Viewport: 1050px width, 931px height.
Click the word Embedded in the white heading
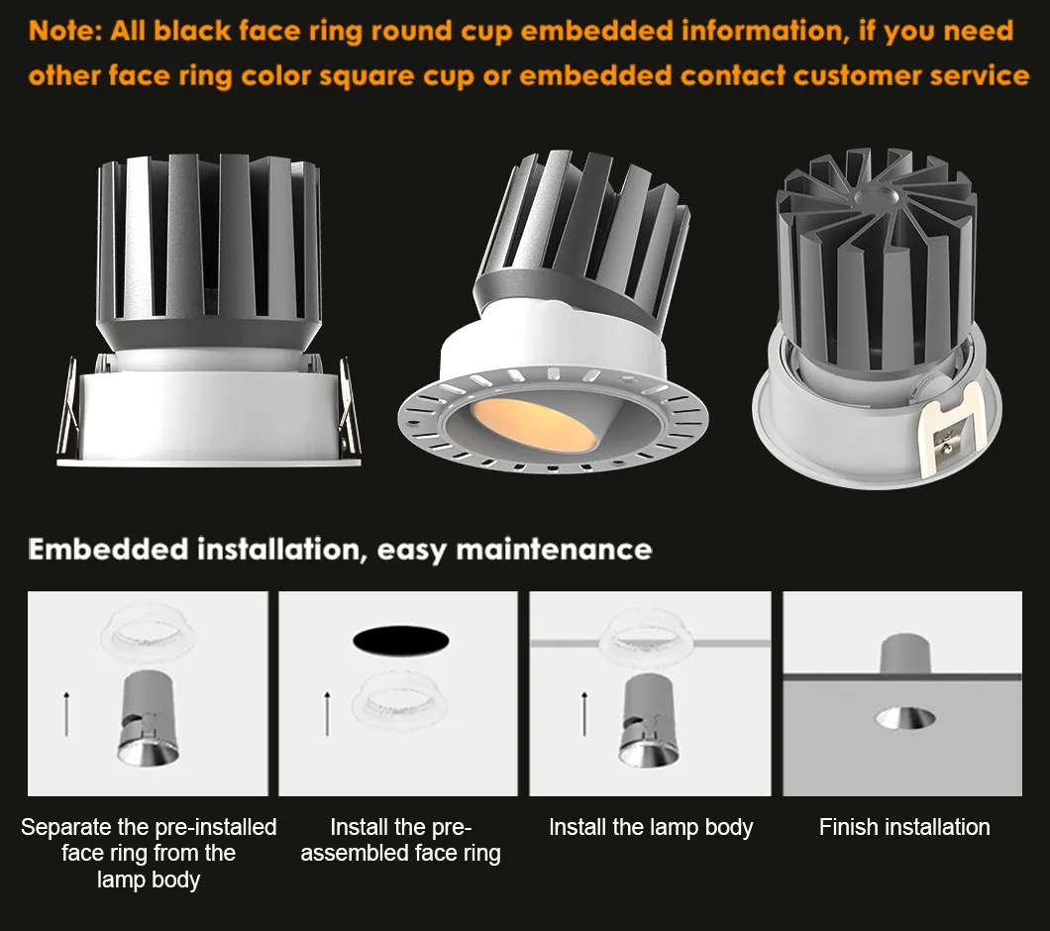(109, 550)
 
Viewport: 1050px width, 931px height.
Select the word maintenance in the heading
(554, 550)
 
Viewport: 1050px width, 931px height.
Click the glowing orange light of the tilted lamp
(534, 423)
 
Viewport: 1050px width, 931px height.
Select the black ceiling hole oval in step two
(401, 641)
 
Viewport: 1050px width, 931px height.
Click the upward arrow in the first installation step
(66, 714)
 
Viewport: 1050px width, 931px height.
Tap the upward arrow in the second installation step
(327, 714)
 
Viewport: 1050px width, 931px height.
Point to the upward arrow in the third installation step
(583, 714)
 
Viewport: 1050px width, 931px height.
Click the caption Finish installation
(904, 827)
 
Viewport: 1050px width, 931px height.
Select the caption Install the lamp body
(651, 828)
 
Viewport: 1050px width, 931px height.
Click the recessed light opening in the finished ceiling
(905, 717)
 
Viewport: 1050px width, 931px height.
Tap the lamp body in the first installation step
(148, 719)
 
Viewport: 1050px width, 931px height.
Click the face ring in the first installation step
(148, 634)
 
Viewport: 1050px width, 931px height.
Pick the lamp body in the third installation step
(649, 721)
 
